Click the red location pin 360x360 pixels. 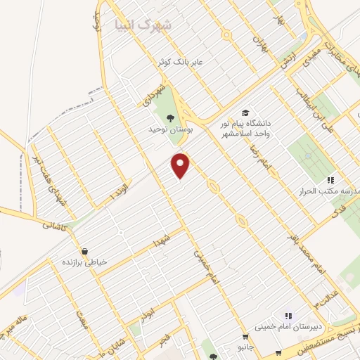pos(181,165)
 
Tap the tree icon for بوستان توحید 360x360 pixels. pos(169,117)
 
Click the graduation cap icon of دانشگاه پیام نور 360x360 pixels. pos(245,112)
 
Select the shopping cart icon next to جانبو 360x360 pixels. pos(245,336)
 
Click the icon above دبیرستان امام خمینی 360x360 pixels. pos(288,316)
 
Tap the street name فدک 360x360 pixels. pos(339,209)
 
